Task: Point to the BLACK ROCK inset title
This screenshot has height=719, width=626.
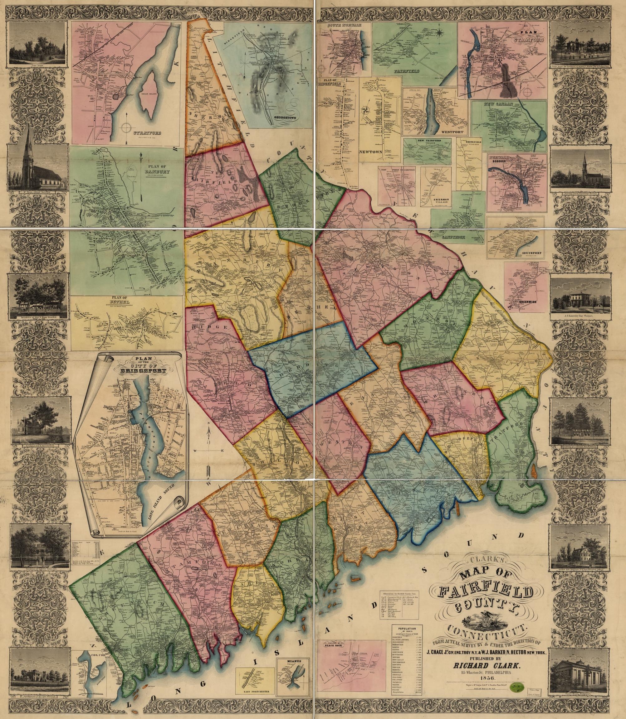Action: tap(331, 635)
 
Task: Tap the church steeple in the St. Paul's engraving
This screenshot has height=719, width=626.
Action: tap(29, 140)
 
